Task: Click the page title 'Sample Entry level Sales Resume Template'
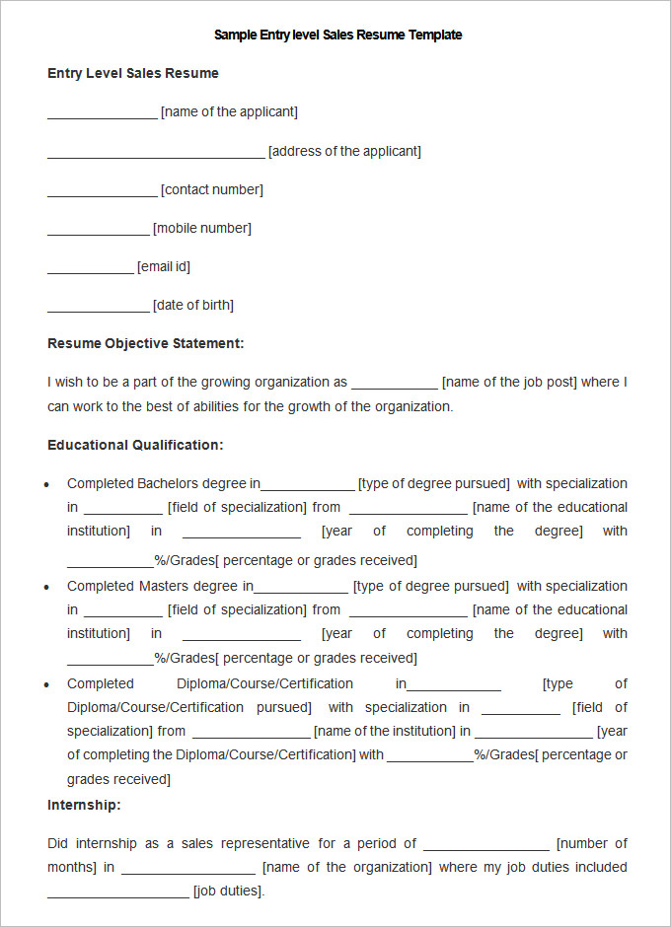tap(337, 35)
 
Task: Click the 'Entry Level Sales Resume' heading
tap(133, 73)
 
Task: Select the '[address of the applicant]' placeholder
tap(344, 151)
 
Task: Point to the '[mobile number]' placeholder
tap(202, 228)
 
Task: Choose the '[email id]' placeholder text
tap(164, 266)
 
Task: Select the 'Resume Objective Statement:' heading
tap(145, 343)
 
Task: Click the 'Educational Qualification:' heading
tap(135, 445)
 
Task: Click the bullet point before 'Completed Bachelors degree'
tap(48, 485)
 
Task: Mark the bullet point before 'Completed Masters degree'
tap(48, 588)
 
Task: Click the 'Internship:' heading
tap(84, 805)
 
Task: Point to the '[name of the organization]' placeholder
tap(347, 867)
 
